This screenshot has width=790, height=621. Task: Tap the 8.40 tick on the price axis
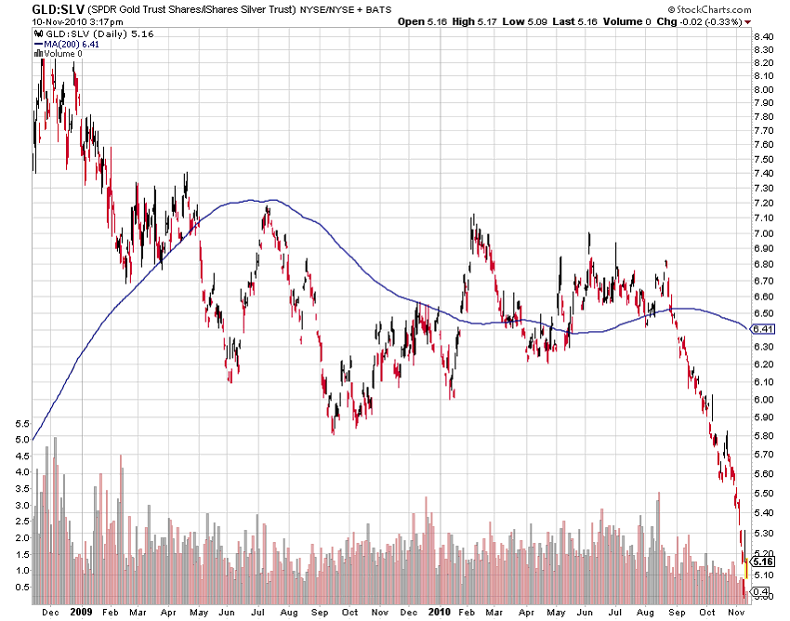click(x=764, y=37)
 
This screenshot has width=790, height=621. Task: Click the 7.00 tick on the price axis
click(x=764, y=232)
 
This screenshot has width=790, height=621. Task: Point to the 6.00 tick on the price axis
click(x=764, y=400)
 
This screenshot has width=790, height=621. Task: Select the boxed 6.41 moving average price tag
click(x=763, y=329)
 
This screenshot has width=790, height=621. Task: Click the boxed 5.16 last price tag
click(x=763, y=562)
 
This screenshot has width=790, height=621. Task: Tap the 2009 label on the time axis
click(x=80, y=613)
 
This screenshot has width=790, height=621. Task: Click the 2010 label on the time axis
click(x=438, y=613)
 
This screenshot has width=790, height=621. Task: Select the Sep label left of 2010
click(x=320, y=613)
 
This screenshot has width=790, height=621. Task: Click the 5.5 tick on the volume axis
click(x=22, y=424)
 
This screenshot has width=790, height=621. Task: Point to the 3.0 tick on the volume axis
click(x=22, y=506)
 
